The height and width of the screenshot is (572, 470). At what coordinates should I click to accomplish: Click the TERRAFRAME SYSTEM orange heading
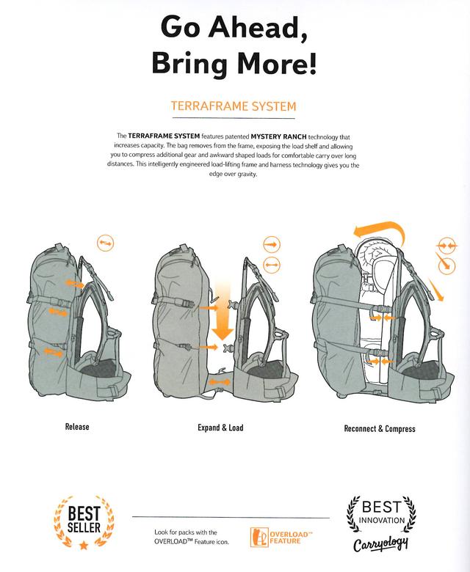[x=234, y=106]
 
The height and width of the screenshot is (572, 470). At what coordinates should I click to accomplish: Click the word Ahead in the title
[x=258, y=28]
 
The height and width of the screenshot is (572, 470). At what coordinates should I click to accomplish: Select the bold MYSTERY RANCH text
[x=278, y=137]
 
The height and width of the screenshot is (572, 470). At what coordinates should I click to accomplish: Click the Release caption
[x=77, y=427]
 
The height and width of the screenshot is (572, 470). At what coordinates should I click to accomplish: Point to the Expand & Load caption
[x=220, y=428]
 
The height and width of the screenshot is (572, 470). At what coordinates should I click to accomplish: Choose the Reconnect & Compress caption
[x=380, y=429]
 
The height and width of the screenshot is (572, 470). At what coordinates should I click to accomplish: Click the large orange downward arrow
[x=223, y=311]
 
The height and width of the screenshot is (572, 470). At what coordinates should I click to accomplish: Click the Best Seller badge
[x=84, y=522]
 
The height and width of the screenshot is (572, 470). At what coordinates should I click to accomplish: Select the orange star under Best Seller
[x=84, y=546]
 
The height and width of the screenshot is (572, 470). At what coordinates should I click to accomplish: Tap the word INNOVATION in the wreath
[x=382, y=520]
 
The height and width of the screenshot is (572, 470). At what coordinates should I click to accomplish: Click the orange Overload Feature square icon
[x=259, y=538]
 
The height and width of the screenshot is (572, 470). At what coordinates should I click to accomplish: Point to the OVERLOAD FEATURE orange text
[x=291, y=538]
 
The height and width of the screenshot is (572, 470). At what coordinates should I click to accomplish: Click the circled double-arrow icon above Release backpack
[x=106, y=243]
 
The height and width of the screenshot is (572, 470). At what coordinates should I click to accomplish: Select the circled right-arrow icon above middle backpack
[x=271, y=245]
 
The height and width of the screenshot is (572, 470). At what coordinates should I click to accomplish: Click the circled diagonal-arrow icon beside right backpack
[x=446, y=265]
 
